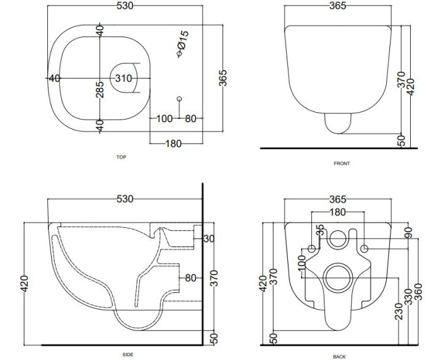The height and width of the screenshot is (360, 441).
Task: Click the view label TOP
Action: tap(121, 157)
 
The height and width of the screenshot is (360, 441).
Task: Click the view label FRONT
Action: tap(341, 164)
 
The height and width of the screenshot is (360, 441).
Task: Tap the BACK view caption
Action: tap(340, 356)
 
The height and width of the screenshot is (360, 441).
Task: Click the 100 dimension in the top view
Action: tap(164, 118)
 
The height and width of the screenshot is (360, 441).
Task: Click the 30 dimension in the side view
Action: tap(209, 238)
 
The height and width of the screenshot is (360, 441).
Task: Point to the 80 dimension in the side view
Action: tap(191, 277)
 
